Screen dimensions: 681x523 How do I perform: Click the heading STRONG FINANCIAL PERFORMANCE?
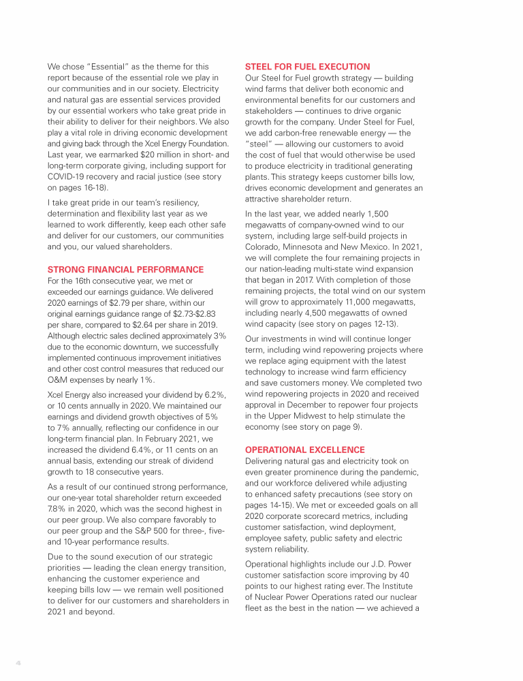125,270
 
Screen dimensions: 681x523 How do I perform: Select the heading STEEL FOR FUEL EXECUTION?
307,67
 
